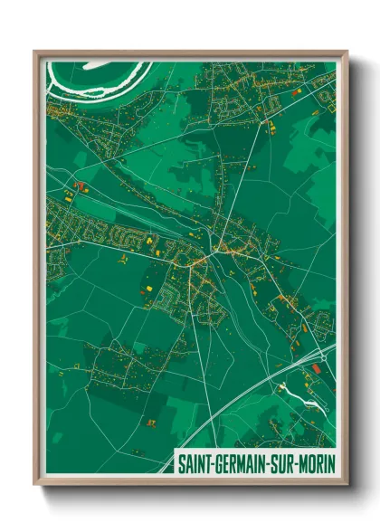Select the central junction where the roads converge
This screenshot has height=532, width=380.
coord(211,254)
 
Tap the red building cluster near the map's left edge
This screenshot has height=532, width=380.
coord(77,187)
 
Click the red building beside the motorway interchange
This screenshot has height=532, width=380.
coord(318,367)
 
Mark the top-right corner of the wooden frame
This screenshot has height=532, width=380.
coord(346,52)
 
